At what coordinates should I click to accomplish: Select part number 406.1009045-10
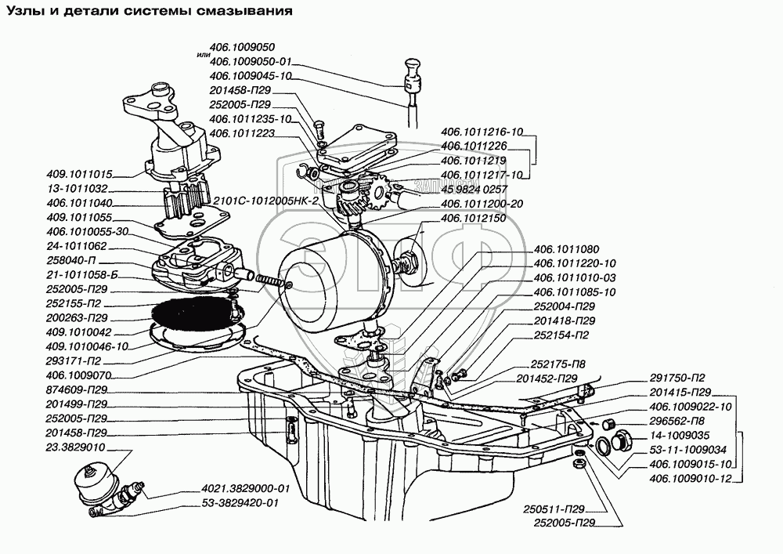[251, 76]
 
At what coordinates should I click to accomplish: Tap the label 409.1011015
[81, 175]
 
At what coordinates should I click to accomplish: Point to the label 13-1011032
[78, 190]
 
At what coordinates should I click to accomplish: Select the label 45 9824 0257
[474, 189]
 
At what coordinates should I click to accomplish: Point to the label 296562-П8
[679, 421]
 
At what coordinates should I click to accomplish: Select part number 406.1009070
[77, 375]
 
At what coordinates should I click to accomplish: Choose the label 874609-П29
[76, 389]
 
